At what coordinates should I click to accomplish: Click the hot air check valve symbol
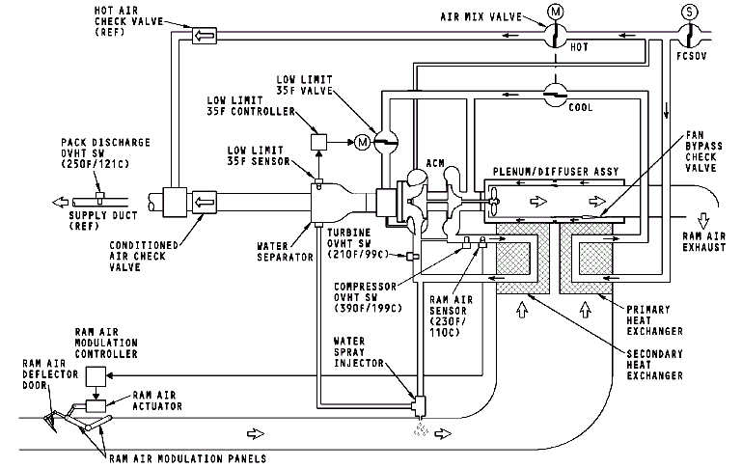click(x=205, y=36)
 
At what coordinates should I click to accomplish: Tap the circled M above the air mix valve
click(x=555, y=12)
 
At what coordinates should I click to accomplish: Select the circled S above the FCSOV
click(x=690, y=12)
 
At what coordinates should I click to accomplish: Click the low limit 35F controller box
click(x=318, y=142)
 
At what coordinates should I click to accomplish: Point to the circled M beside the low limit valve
click(x=362, y=142)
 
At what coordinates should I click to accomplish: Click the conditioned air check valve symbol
click(x=205, y=203)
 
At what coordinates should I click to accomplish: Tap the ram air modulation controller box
click(x=96, y=376)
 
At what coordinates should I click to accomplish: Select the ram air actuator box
click(x=96, y=405)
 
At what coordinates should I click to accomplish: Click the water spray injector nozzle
click(x=420, y=403)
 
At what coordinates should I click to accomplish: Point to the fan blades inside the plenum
click(x=494, y=201)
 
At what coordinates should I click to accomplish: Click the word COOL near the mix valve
click(x=581, y=107)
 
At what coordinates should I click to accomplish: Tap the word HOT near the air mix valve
click(x=579, y=47)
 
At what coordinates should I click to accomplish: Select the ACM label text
click(x=435, y=163)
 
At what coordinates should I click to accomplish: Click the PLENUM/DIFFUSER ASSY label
click(x=556, y=172)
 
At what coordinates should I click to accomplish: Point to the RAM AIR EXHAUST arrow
click(x=703, y=221)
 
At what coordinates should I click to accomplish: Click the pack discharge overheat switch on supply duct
click(x=99, y=197)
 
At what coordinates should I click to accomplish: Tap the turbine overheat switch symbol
click(x=413, y=256)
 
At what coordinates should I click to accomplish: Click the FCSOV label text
click(x=692, y=56)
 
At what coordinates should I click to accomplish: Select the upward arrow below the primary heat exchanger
click(x=586, y=310)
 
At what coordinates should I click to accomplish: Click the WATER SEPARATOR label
click(x=285, y=252)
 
